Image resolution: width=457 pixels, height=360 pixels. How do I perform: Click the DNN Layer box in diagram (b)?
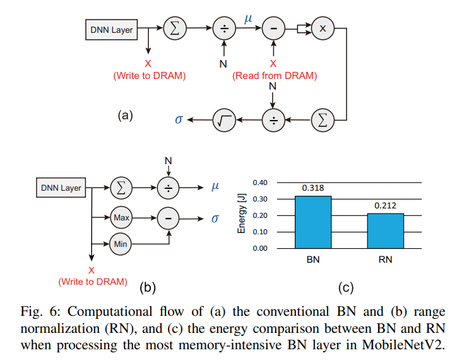tap(61, 188)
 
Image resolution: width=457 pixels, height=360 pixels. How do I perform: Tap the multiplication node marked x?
tap(323, 28)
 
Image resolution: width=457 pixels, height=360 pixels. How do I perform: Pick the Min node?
tap(121, 243)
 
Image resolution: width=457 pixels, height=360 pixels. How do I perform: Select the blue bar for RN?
tap(384, 231)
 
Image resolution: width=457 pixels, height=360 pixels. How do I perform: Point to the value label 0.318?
tap(313, 188)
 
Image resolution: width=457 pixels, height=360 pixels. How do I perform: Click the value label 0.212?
tap(385, 205)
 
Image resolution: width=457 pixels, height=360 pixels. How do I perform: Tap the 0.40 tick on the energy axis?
tap(260, 183)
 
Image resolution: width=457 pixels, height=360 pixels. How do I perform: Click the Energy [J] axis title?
tap(241, 215)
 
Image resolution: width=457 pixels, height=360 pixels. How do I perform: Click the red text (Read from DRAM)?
tap(275, 76)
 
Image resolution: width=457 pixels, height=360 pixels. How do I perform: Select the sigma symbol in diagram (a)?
tap(179, 119)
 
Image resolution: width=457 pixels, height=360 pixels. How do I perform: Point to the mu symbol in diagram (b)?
tap(215, 187)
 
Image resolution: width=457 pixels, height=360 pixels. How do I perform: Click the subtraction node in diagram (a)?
tap(273, 28)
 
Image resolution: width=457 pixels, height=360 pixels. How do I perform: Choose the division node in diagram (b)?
tap(169, 188)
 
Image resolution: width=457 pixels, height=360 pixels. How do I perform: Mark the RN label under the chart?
tap(385, 260)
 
